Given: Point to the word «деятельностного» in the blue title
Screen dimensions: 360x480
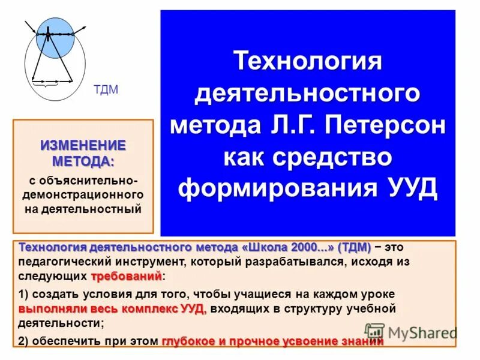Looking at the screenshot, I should pyautogui.click(x=308, y=95).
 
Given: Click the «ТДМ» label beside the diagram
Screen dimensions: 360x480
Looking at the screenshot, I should pyautogui.click(x=106, y=90).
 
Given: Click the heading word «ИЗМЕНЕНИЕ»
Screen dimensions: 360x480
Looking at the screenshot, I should pyautogui.click(x=83, y=145).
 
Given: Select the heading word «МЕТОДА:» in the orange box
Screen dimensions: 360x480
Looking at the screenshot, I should pyautogui.click(x=83, y=161).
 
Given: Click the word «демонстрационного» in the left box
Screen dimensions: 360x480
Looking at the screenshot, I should pyautogui.click(x=83, y=195).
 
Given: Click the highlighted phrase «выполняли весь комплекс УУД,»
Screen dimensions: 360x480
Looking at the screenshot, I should pyautogui.click(x=112, y=309).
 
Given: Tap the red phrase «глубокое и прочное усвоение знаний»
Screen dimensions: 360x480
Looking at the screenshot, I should pyautogui.click(x=272, y=341).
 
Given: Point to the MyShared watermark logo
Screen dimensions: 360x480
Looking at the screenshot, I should pyautogui.click(x=411, y=332).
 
